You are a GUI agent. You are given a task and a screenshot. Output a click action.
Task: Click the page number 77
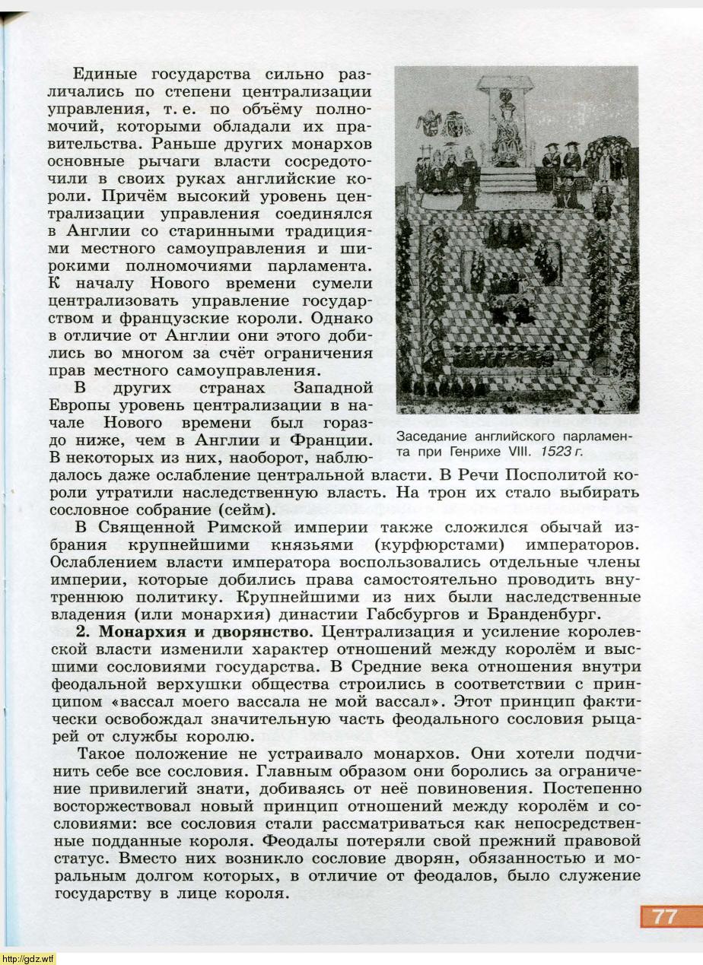pos(663,916)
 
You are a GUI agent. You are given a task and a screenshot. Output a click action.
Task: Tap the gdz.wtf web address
pos(28,958)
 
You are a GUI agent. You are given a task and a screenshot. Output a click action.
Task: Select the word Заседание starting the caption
pos(431,437)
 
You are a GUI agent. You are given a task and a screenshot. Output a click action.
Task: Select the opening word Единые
pos(105,75)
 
